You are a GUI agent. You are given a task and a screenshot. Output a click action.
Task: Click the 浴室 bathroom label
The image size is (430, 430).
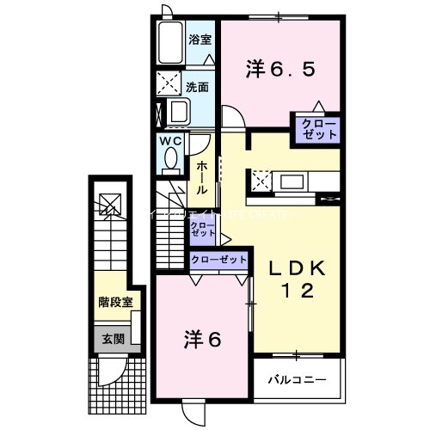200,38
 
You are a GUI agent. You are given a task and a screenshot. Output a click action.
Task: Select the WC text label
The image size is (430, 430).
169,140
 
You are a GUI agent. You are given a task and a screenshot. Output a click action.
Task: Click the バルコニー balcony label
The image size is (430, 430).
296,378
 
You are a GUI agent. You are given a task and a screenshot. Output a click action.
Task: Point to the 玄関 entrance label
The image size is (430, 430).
108,339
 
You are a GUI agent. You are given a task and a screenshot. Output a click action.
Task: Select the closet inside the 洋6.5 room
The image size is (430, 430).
318,131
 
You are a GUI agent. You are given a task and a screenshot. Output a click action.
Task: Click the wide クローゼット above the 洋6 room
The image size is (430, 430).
218,260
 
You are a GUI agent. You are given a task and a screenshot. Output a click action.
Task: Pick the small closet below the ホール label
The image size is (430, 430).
203,229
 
